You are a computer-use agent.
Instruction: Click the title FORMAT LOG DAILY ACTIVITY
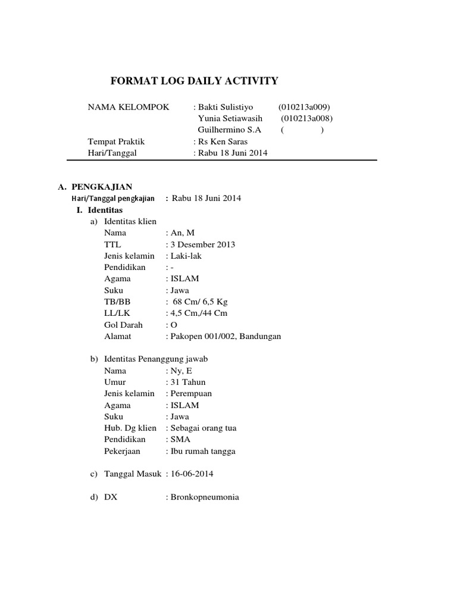tap(195, 81)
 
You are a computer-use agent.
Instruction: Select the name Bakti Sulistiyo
tap(226, 107)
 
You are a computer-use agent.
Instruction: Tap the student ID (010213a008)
tap(306, 118)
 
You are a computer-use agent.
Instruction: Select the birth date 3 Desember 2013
tap(203, 244)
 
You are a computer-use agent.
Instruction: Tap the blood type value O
tap(174, 325)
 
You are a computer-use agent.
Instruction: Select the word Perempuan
tap(191, 393)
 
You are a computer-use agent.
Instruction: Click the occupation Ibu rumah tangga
tap(203, 451)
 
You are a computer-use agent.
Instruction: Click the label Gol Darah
tap(121, 325)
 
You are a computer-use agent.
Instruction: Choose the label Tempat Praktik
tap(116, 142)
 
